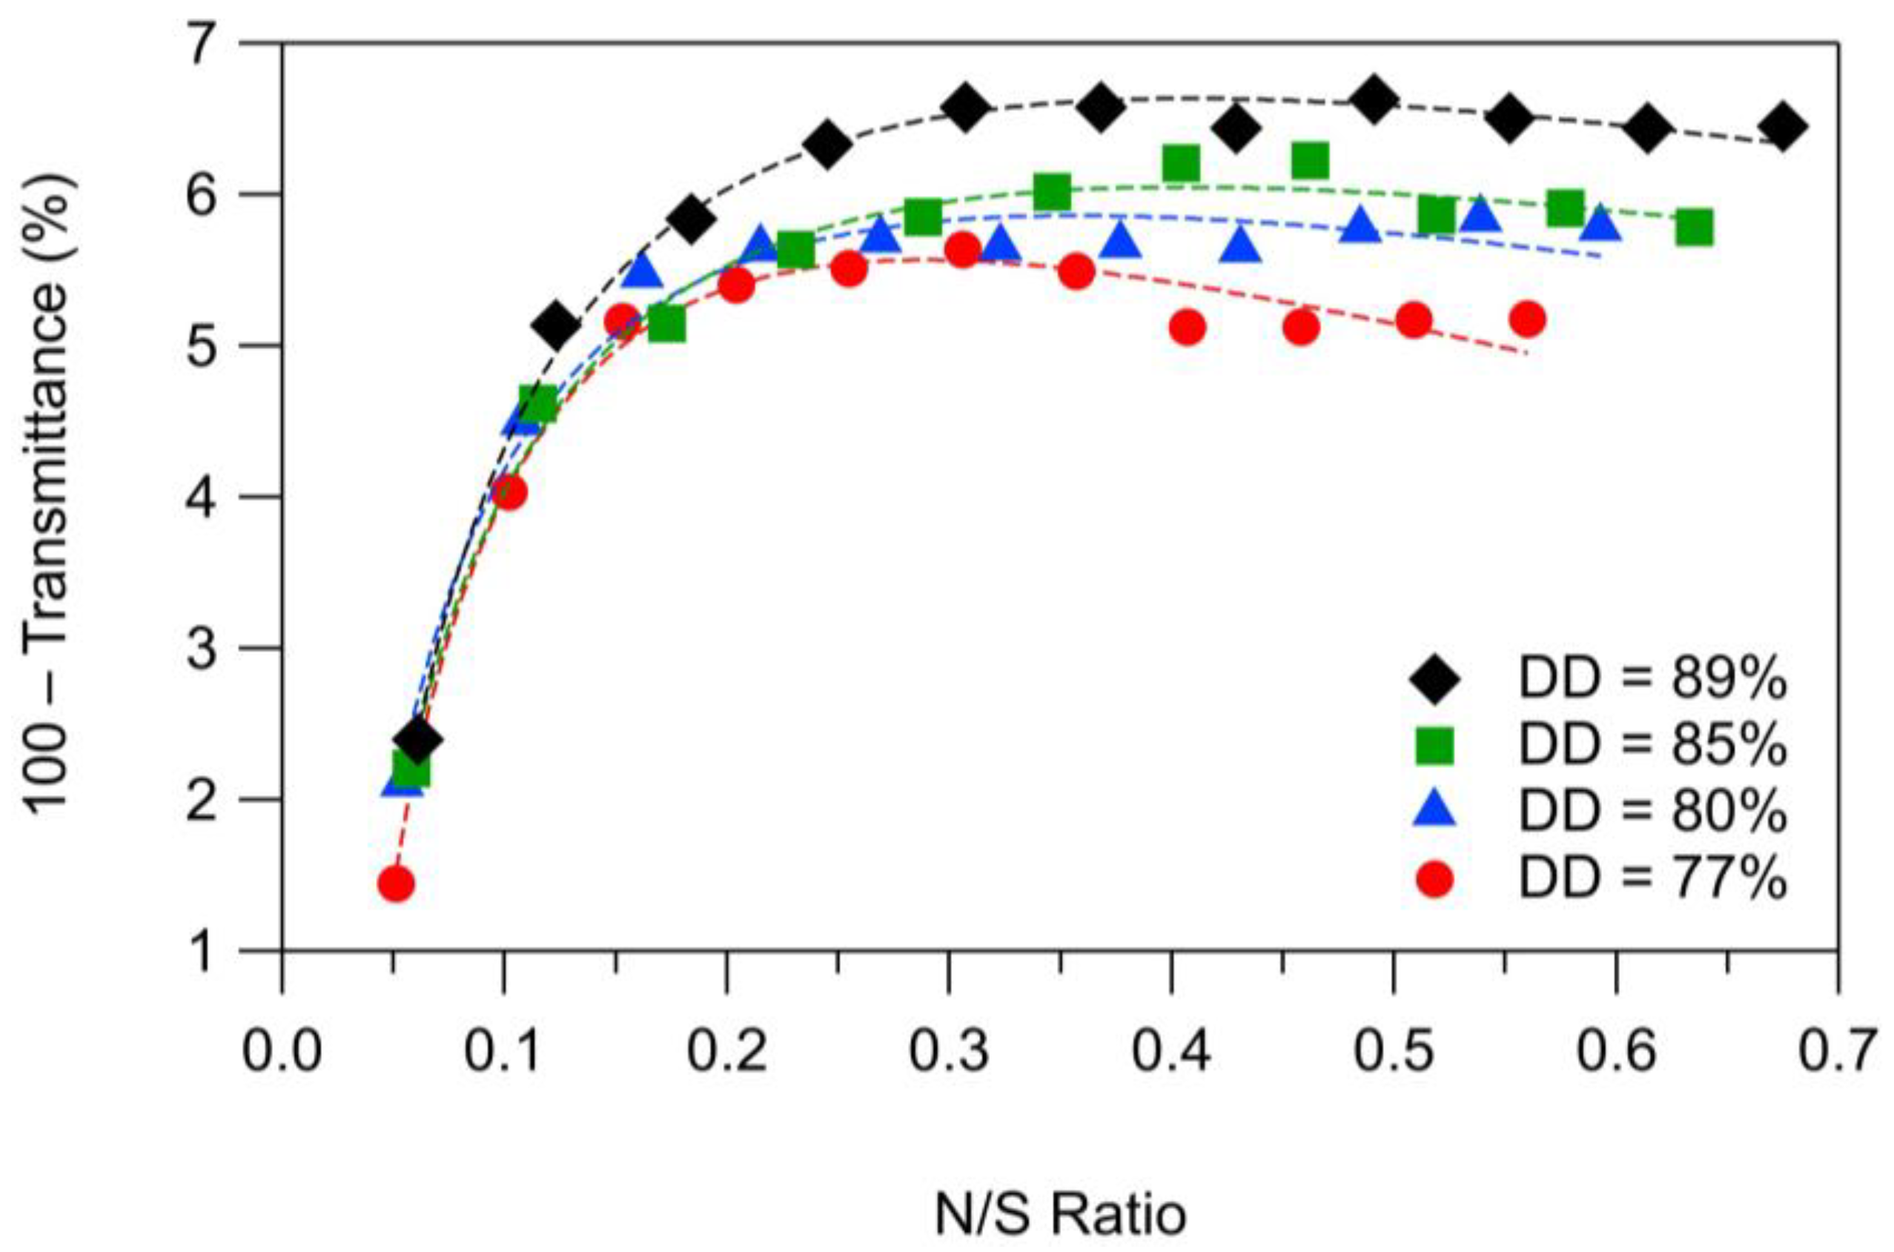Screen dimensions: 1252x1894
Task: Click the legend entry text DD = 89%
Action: pyautogui.click(x=1652, y=680)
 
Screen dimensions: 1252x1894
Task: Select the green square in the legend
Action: pyautogui.click(x=1435, y=747)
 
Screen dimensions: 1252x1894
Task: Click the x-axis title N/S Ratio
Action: pyautogui.click(x=1059, y=1214)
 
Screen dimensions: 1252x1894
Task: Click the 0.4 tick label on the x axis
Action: pyautogui.click(x=1170, y=1053)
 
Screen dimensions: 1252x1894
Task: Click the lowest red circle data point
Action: pyautogui.click(x=396, y=883)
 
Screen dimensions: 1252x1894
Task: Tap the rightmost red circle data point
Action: pyautogui.click(x=1529, y=319)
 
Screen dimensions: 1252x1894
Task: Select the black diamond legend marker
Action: pyautogui.click(x=1435, y=680)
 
